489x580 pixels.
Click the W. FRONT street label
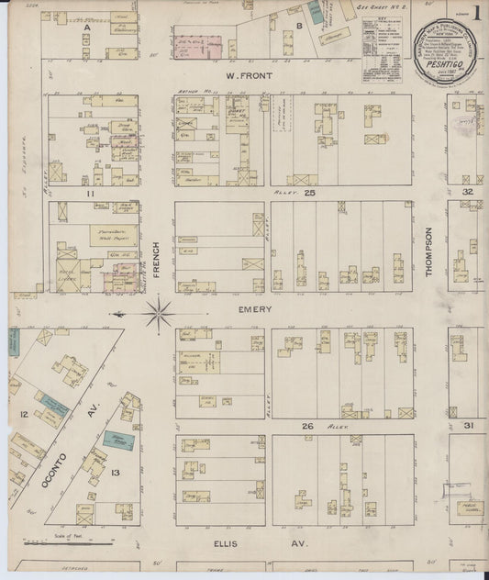[246, 76]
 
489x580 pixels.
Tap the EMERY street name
[255, 309]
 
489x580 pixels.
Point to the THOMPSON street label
[428, 249]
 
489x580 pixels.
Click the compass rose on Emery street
[159, 312]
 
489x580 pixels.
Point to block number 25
[310, 194]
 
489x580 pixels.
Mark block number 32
[467, 192]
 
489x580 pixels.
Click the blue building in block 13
[117, 439]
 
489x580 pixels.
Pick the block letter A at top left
[88, 28]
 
